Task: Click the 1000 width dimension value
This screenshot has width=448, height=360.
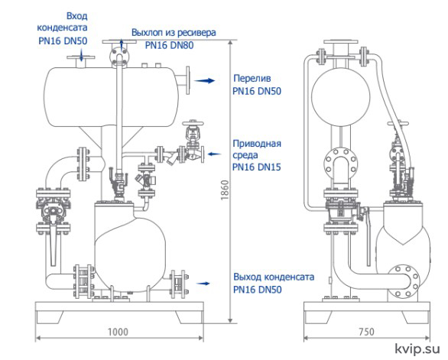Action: point(118,332)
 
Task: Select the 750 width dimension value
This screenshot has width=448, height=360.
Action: point(366,332)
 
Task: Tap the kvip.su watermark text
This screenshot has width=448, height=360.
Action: point(417,349)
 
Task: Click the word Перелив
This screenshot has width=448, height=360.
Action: point(252,78)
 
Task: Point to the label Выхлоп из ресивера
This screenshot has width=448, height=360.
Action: point(174,33)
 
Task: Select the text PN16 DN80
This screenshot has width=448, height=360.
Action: point(169,45)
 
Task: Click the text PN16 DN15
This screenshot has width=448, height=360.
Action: point(257,167)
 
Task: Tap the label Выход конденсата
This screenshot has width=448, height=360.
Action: point(274,277)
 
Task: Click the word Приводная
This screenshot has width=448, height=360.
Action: point(257,144)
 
